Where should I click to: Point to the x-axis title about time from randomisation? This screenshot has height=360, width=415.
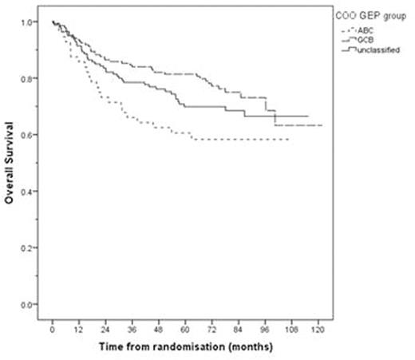186,349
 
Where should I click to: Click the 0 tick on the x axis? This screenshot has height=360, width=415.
52,330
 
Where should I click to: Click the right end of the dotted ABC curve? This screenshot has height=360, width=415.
288,139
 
